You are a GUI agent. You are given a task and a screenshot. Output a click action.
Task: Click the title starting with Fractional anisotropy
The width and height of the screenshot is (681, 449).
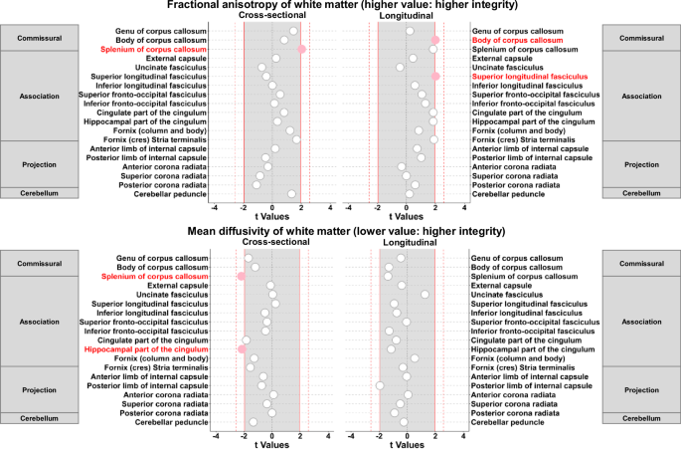coord(340,7)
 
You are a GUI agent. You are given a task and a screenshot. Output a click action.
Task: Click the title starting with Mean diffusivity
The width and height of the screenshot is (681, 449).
coord(340,233)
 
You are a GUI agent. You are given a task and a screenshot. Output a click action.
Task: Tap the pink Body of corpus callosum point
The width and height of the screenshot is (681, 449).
coord(435,40)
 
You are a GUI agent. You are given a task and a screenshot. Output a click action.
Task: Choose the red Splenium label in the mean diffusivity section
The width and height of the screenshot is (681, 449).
coord(165,277)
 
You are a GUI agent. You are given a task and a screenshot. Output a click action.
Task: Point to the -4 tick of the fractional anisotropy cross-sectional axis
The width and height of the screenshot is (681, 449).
coord(215,208)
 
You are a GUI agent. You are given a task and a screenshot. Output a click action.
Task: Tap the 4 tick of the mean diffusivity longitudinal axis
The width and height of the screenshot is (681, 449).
coord(463,434)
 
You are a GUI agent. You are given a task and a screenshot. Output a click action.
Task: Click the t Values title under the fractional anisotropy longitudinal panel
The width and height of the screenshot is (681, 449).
coord(407,217)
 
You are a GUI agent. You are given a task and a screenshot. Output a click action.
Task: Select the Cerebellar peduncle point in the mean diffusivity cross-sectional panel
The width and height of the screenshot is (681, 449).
coord(253,422)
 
